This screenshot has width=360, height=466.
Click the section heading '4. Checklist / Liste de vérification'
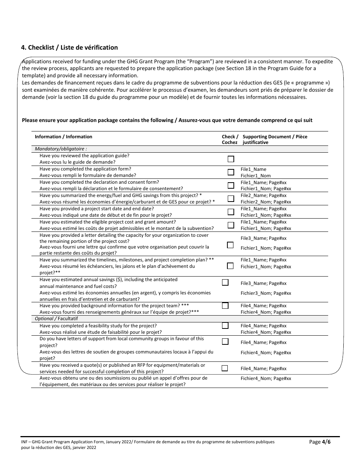69,47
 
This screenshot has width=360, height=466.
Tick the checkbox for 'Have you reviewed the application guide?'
230,159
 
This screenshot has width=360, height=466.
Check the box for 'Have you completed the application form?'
230,172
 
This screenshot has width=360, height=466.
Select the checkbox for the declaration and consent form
230,185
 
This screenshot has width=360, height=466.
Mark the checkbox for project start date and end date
230,212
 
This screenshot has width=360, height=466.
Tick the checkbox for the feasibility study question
225,325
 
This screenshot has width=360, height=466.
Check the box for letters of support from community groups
225,341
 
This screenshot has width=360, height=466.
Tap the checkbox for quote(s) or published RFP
225,368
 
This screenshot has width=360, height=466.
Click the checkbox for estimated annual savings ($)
225,282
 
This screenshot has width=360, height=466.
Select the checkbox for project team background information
225,305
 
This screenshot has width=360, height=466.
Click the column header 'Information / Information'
63,137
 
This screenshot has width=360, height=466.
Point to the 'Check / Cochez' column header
230,139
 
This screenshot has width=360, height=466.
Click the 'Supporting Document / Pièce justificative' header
275,139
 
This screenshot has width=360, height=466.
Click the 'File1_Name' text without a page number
254,169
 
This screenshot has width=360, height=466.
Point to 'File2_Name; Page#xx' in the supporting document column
264,195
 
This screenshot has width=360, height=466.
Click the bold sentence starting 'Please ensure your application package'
167,120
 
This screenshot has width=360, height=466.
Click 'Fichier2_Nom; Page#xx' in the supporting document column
266,202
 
